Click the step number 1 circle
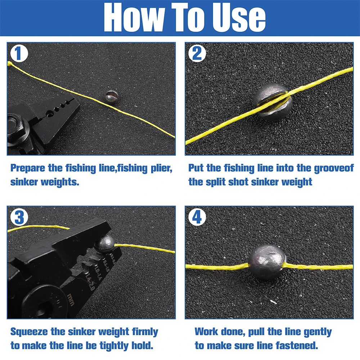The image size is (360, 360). (x=19, y=54)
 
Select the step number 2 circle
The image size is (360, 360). (x=197, y=54)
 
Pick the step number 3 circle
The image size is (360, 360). (x=19, y=217)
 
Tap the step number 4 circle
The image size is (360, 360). (x=197, y=217)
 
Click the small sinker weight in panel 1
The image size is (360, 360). (x=112, y=97)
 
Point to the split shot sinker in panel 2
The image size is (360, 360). (x=273, y=102)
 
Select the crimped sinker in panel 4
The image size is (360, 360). (x=267, y=262)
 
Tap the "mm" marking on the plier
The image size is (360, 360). (x=71, y=300)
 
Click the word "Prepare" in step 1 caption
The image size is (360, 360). (x=28, y=168)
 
